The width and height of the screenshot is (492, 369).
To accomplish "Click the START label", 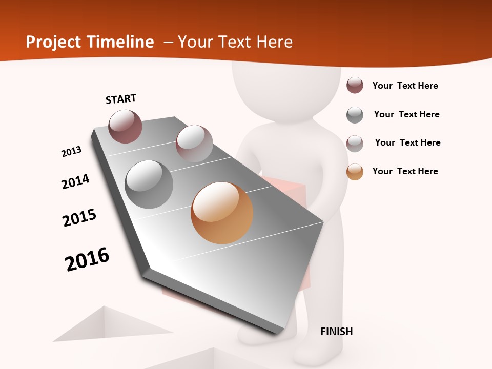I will (121, 99).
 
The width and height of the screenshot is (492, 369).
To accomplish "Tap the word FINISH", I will (337, 332).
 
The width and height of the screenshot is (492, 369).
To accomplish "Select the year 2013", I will (72, 152).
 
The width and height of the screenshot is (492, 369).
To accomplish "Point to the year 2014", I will (76, 181).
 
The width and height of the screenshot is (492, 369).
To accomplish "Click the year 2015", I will (79, 218).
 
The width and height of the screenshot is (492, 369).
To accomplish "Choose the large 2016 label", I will (87, 259).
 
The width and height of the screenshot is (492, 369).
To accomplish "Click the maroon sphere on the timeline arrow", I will (126, 127).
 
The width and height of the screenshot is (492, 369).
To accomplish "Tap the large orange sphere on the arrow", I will (222, 213).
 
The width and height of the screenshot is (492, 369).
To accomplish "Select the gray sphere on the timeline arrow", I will (149, 184).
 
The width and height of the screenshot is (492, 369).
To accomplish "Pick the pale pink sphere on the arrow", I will (194, 143).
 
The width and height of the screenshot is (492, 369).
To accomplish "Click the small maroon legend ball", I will (355, 86).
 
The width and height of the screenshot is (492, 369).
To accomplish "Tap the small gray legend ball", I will (355, 115).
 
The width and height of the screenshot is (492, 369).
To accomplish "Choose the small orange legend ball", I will (355, 172).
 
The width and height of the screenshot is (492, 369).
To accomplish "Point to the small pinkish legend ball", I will (355, 143).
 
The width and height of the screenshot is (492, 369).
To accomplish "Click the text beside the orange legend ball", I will (405, 171).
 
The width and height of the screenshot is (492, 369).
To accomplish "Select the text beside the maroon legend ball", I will (405, 86).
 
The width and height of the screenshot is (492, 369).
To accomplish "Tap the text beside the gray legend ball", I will (407, 114).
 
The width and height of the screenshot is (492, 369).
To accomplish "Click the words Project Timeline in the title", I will (90, 42).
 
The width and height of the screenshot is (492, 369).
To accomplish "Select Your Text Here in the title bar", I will (235, 42).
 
